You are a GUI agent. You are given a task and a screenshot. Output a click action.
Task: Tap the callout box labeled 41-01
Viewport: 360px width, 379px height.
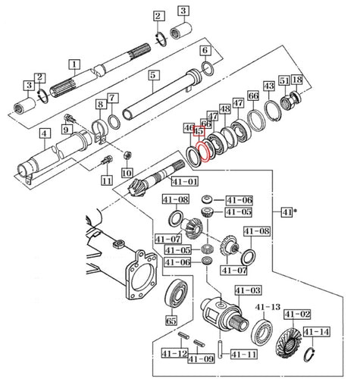pyautogui.click(x=184, y=182)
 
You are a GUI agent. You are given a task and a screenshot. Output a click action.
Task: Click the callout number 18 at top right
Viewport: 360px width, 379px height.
pyautogui.click(x=297, y=80)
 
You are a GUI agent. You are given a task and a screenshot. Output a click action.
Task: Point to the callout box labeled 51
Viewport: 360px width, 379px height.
pyautogui.click(x=283, y=80)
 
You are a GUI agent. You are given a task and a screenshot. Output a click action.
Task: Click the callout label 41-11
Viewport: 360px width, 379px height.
pyautogui.click(x=243, y=353)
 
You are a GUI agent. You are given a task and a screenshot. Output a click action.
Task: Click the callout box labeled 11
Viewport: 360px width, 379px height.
pyautogui.click(x=106, y=180)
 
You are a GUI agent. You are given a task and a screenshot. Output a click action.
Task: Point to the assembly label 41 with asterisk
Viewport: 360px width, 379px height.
pyautogui.click(x=288, y=211)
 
